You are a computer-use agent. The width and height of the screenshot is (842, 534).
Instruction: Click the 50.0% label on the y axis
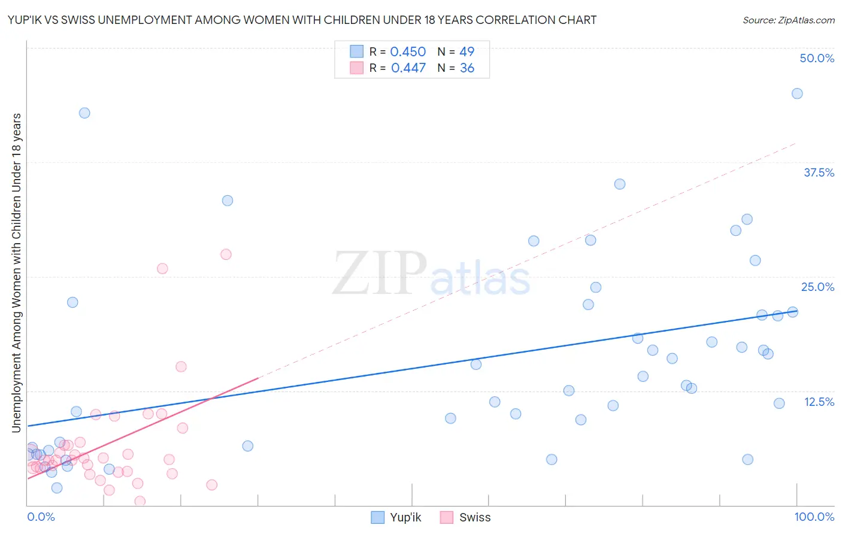[816, 58]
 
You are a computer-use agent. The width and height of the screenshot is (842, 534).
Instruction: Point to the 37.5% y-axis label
[818, 172]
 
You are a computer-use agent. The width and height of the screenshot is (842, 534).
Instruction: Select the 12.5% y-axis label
[818, 402]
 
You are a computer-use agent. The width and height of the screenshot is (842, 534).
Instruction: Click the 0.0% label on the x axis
[41, 517]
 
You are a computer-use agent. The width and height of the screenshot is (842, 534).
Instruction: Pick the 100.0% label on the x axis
[814, 517]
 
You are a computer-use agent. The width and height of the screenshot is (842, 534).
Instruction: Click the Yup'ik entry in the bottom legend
[396, 517]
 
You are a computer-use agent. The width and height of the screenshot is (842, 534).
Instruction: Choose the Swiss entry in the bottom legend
[465, 517]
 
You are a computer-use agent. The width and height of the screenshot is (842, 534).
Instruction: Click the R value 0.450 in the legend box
[407, 52]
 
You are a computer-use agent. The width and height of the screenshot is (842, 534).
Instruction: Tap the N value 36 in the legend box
[467, 68]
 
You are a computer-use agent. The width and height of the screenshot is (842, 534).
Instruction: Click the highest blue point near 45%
[796, 93]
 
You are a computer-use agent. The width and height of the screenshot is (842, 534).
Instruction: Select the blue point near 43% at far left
[84, 113]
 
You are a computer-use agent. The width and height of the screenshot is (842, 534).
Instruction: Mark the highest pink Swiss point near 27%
[226, 254]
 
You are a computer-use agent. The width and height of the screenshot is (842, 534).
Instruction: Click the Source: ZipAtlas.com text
[788, 20]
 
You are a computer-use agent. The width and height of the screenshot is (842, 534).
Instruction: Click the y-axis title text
[16, 272]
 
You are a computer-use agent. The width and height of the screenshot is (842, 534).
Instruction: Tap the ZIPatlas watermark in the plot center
[431, 275]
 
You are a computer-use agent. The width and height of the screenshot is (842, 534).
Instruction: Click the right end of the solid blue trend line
[796, 311]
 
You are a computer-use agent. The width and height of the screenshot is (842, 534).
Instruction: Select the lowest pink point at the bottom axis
[140, 501]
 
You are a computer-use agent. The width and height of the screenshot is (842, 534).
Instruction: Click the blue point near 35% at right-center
[619, 184]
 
